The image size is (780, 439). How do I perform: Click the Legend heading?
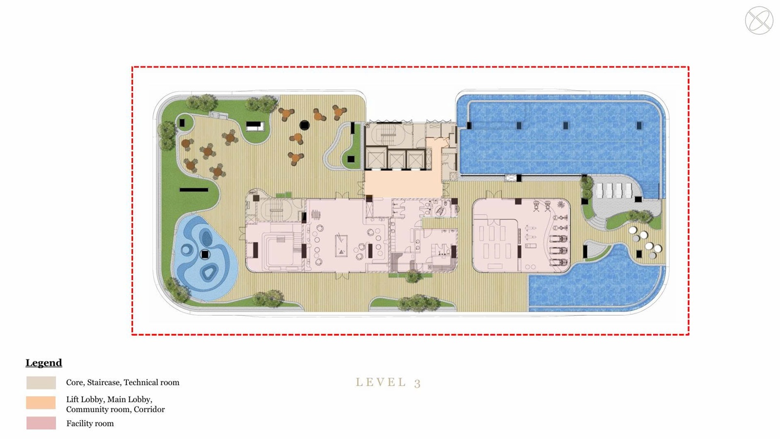[44, 363]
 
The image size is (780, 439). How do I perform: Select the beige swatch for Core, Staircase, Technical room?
[41, 382]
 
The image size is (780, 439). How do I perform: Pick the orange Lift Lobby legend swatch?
[41, 402]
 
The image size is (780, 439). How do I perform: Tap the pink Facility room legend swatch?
[41, 423]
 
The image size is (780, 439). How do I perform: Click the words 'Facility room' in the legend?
[90, 423]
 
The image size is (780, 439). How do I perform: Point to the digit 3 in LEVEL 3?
[417, 383]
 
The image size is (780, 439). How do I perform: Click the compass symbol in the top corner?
[759, 20]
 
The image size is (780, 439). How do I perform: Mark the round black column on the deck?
[304, 125]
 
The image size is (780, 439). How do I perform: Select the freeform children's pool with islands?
[205, 257]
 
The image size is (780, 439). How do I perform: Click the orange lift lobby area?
[403, 183]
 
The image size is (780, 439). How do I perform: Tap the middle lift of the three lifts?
[396, 160]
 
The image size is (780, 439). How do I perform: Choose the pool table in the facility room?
[341, 246]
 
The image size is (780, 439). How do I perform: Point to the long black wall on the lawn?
[194, 190]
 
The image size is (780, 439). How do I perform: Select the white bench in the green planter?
[255, 126]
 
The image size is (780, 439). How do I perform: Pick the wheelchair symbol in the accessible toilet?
[440, 210]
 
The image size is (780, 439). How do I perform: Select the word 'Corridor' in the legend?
[149, 409]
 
